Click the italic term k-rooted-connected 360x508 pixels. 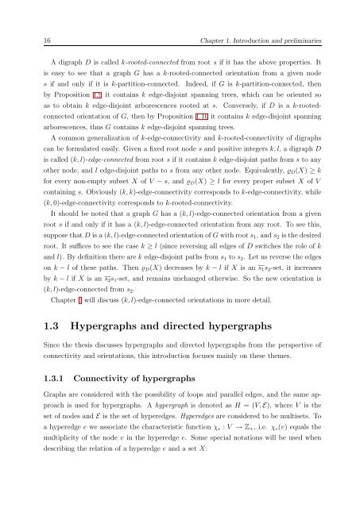tap(126, 60)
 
